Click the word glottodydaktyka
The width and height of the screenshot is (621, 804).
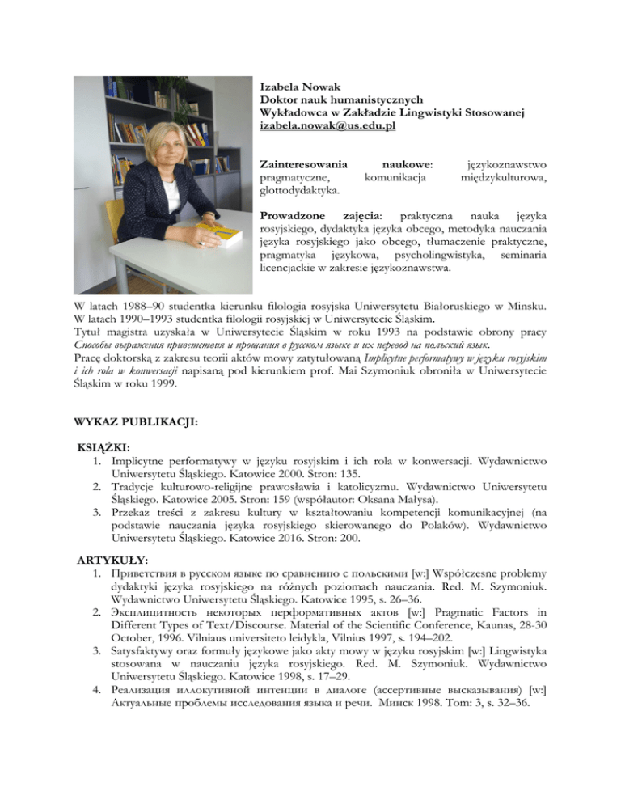pyautogui.click(x=298, y=190)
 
